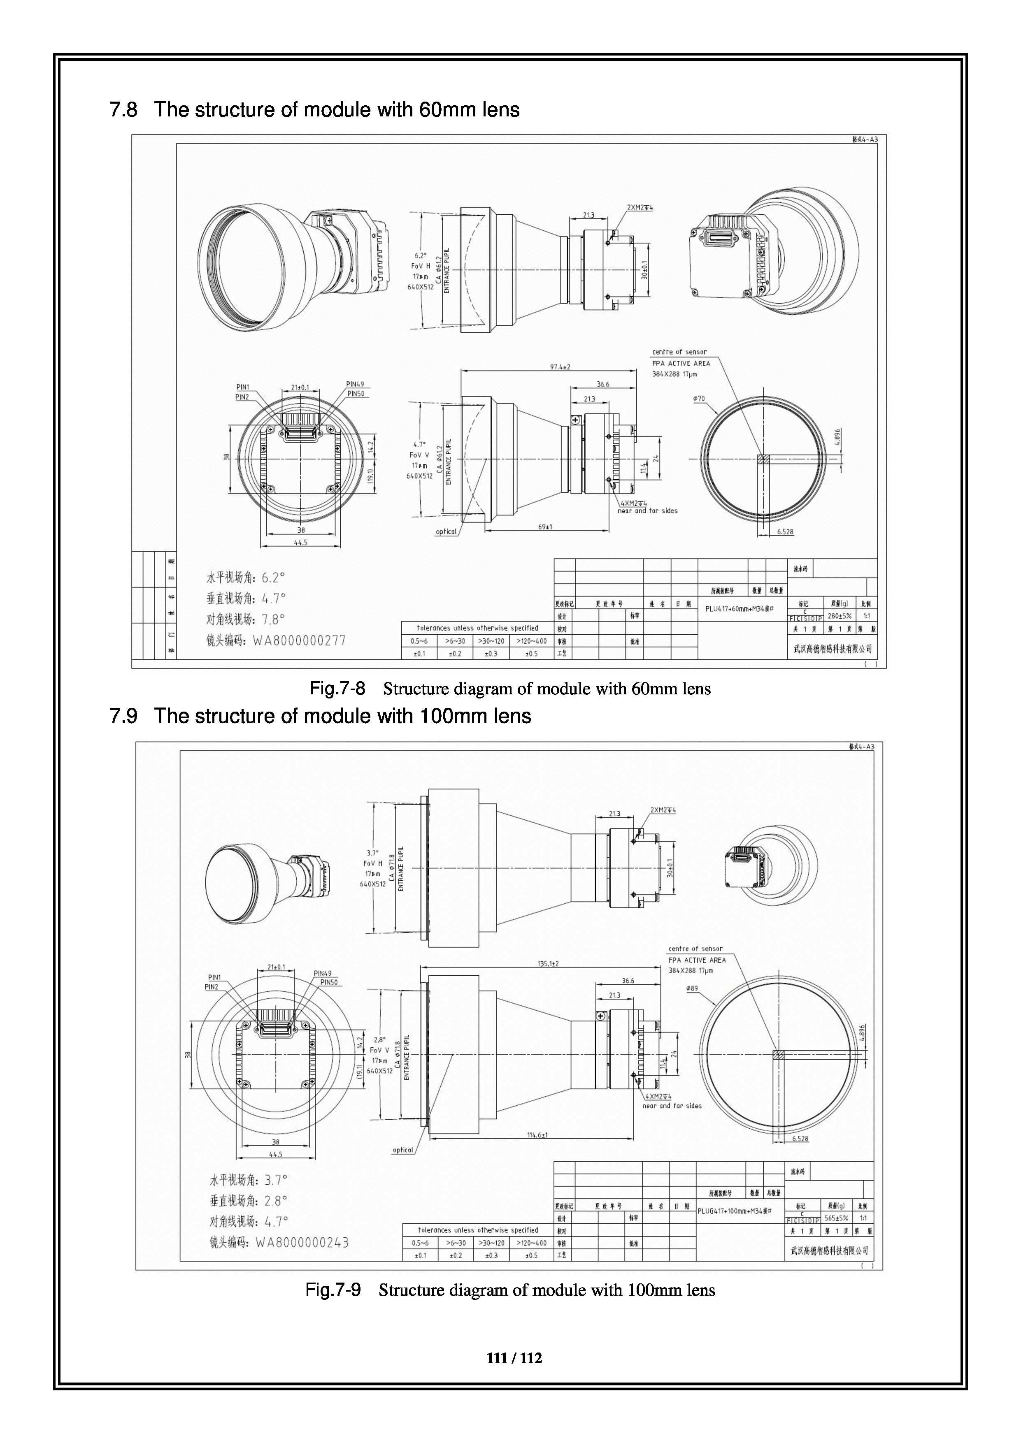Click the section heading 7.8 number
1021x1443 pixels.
[123, 110]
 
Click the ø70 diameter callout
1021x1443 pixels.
[699, 399]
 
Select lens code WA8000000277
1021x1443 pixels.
[299, 641]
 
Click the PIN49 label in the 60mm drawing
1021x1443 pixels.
[355, 384]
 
